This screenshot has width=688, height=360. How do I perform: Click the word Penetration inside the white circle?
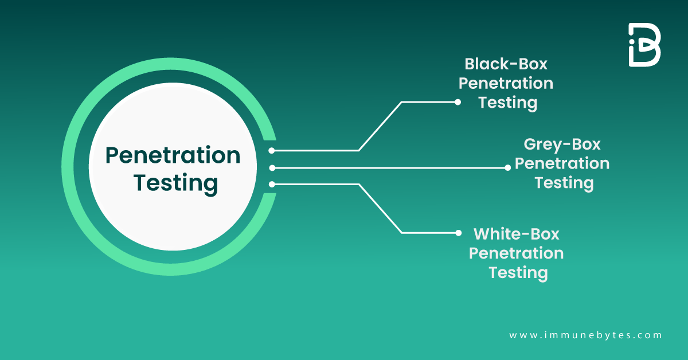173,155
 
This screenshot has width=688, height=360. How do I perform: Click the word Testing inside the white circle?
175,183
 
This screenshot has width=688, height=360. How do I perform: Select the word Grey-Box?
562,144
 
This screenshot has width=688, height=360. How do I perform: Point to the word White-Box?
516,234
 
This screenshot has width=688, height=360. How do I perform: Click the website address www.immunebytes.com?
585,335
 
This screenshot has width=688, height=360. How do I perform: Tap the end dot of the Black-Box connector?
458,102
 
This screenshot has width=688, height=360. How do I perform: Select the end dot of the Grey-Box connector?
507,168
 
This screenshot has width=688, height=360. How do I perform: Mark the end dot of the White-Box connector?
458,233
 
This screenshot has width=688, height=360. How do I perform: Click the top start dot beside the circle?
272,151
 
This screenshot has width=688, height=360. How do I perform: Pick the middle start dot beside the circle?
272,168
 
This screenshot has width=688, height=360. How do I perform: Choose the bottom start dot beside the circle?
272,184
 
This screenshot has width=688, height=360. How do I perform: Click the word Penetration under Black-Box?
506,84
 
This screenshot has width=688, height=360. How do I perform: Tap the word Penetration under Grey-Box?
562,163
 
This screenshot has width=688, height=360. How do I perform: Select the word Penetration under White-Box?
516,253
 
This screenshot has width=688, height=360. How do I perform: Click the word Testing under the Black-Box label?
508,103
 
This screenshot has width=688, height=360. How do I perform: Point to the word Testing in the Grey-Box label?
564,183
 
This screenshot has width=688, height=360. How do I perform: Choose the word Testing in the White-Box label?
518,272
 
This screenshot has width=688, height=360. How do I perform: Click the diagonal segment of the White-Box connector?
380,209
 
